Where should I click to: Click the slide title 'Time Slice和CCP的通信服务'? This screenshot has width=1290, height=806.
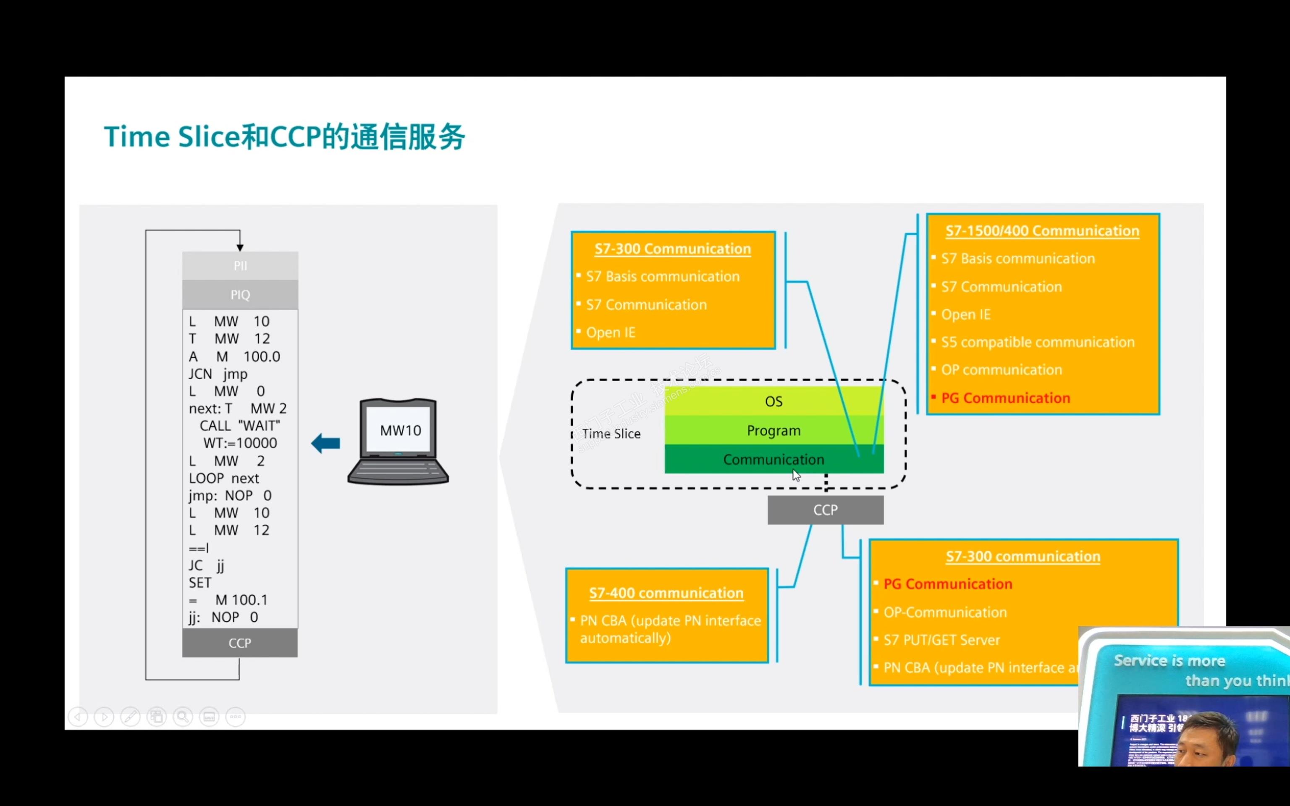tap(284, 137)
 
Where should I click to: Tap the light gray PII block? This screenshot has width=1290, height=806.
tap(240, 265)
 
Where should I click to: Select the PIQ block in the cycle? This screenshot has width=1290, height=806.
tap(240, 294)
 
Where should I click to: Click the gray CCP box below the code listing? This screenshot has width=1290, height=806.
tap(240, 643)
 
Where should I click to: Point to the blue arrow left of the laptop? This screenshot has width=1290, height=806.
tap(326, 443)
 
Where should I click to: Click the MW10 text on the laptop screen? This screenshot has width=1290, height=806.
tap(400, 431)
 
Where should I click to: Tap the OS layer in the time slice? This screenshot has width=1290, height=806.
tap(773, 401)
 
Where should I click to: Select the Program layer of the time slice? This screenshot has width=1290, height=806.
tap(773, 431)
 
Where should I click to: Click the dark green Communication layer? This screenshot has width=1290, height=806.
tap(773, 460)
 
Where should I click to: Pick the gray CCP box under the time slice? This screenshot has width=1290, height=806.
tap(825, 510)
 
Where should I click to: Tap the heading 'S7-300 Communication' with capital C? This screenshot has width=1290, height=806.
tap(673, 249)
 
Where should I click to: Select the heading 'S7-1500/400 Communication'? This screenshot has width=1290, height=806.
tap(1042, 231)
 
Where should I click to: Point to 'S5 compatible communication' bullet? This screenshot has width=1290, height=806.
tap(1037, 342)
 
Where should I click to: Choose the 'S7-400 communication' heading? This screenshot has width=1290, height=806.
tap(666, 593)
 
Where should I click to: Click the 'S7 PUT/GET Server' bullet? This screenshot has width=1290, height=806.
tap(941, 640)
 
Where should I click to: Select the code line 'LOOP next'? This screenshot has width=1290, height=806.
tap(224, 478)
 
